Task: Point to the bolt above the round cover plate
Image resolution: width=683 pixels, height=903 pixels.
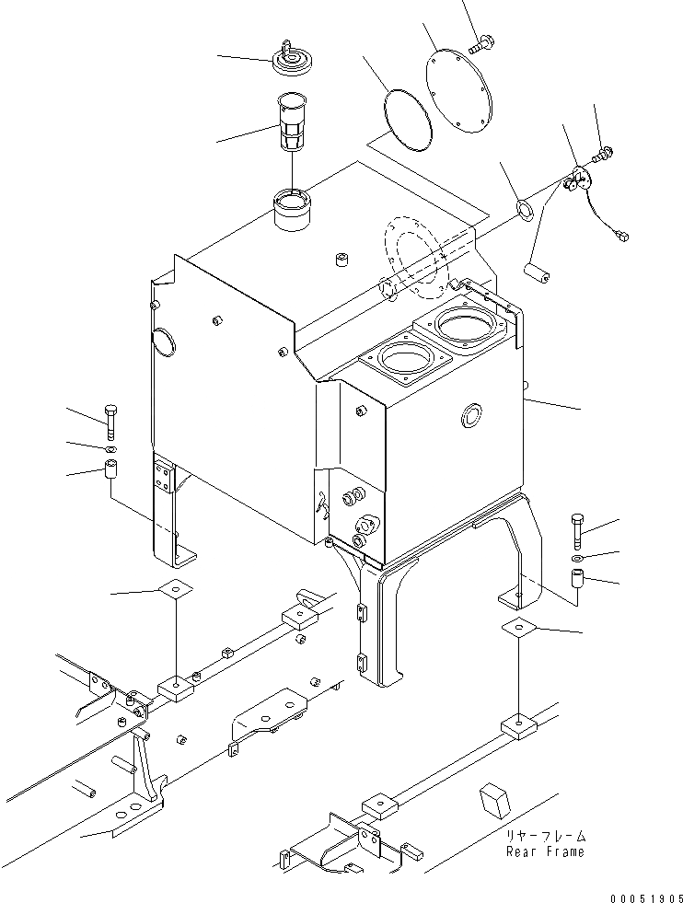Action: coord(483,42)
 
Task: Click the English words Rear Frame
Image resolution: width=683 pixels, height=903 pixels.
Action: coord(544,851)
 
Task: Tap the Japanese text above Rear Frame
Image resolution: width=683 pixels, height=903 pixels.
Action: coord(545,836)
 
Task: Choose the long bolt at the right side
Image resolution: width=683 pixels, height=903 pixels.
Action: coord(576,531)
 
